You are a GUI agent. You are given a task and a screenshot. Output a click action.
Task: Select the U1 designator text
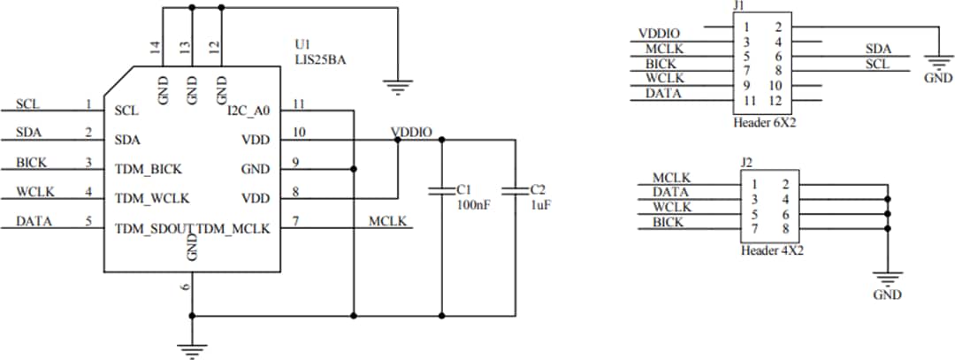point(302,43)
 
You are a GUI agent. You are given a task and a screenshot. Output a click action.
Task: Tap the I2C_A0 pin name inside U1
point(248,111)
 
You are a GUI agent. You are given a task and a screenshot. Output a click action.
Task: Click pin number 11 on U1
point(299,103)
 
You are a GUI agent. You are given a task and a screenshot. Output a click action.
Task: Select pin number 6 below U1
point(184,287)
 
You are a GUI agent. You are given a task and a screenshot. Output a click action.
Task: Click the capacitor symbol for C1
point(440,189)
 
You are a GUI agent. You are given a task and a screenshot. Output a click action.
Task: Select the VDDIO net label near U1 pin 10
point(411,132)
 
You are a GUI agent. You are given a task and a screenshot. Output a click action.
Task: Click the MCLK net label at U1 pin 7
point(387,220)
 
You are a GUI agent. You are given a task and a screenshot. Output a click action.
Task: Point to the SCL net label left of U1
point(27,104)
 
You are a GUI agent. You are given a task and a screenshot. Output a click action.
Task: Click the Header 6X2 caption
point(764,122)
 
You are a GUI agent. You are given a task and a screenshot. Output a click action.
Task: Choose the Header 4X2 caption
point(771,250)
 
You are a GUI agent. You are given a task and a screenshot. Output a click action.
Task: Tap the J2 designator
point(746,163)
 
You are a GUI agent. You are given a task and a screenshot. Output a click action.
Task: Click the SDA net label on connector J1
point(878,50)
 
